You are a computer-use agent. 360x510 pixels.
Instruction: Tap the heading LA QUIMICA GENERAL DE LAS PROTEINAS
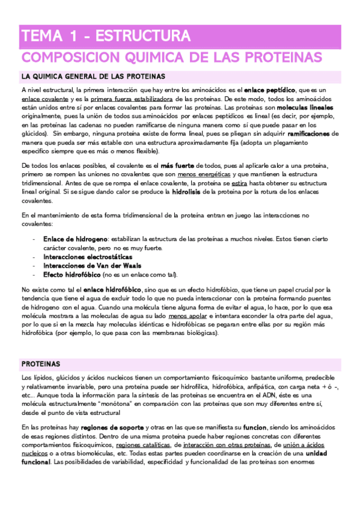[93, 77]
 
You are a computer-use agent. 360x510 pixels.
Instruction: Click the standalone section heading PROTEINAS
[41, 364]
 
